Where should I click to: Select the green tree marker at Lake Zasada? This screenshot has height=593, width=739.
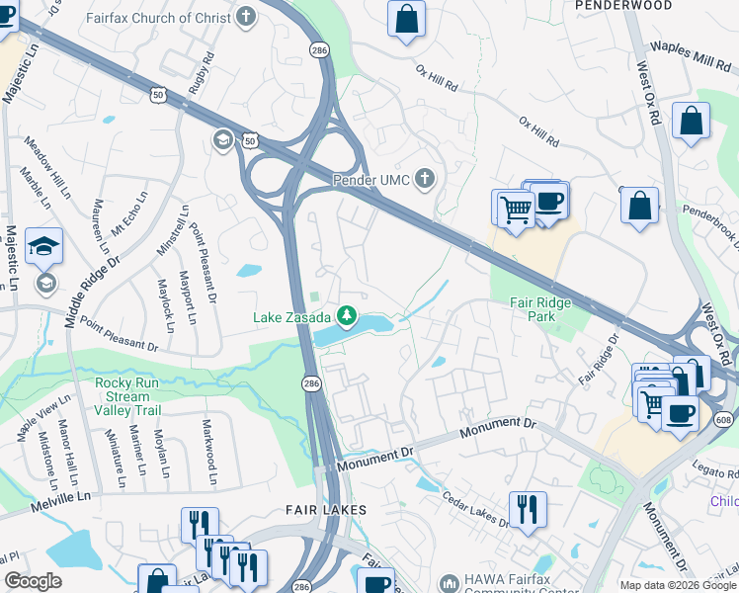pyautogui.click(x=347, y=316)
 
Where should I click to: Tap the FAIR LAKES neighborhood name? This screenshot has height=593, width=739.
pyautogui.click(x=326, y=510)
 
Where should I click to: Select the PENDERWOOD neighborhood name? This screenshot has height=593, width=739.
pyautogui.click(x=622, y=6)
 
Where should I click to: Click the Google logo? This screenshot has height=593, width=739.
pyautogui.click(x=33, y=581)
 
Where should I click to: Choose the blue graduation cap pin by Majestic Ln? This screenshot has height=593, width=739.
pyautogui.click(x=43, y=247)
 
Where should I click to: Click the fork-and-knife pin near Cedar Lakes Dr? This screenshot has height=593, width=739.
pyautogui.click(x=528, y=510)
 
